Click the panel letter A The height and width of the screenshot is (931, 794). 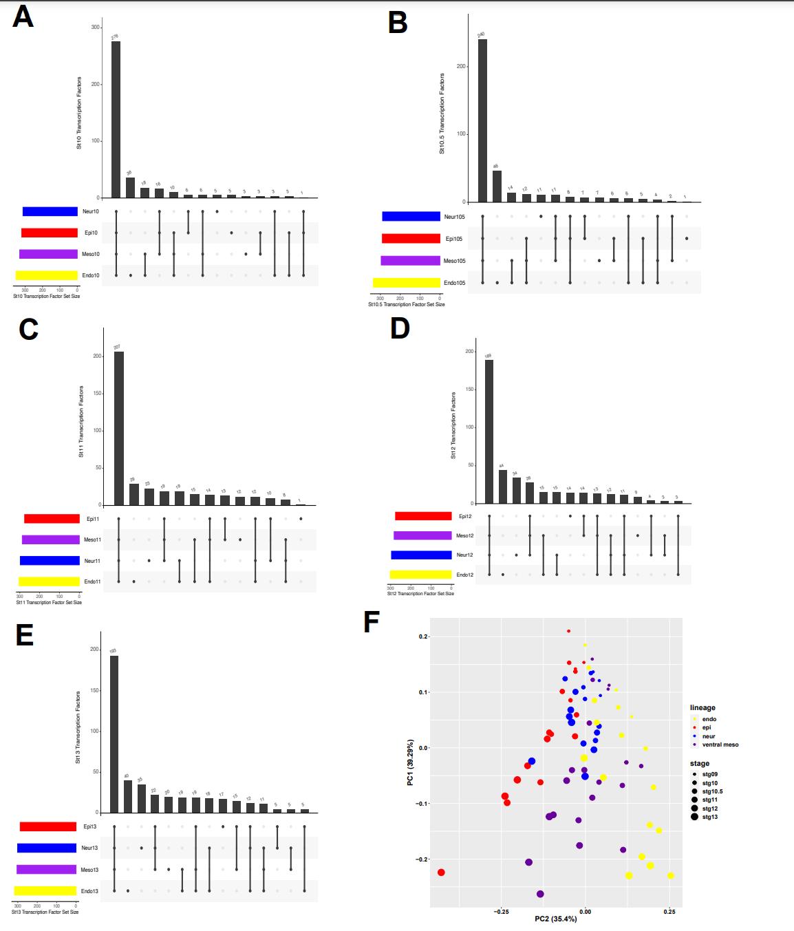click(x=23, y=17)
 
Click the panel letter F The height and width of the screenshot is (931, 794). click(x=372, y=622)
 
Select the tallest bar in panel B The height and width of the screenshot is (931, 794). click(x=482, y=120)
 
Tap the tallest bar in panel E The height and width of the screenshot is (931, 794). click(x=114, y=734)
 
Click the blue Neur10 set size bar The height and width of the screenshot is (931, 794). click(x=50, y=212)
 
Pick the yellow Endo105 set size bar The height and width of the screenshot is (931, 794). click(x=406, y=283)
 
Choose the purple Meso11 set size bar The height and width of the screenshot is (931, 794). click(x=51, y=540)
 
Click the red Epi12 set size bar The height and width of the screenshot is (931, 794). click(x=423, y=516)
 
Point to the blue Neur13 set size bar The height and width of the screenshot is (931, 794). click(x=47, y=848)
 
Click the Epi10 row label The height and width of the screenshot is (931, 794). click(x=91, y=233)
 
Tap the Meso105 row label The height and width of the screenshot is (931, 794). click(x=454, y=261)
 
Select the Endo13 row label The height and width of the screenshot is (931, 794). click(x=89, y=891)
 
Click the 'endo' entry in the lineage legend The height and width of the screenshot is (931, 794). click(x=709, y=719)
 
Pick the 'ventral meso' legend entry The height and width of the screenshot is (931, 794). click(x=720, y=745)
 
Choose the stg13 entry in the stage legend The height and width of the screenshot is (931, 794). click(x=709, y=817)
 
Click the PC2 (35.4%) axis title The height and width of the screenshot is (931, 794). click(x=556, y=919)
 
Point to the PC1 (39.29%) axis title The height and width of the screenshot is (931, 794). click(x=411, y=762)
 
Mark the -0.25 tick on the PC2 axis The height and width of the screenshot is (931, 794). click(x=502, y=912)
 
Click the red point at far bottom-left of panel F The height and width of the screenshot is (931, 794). click(x=441, y=873)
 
